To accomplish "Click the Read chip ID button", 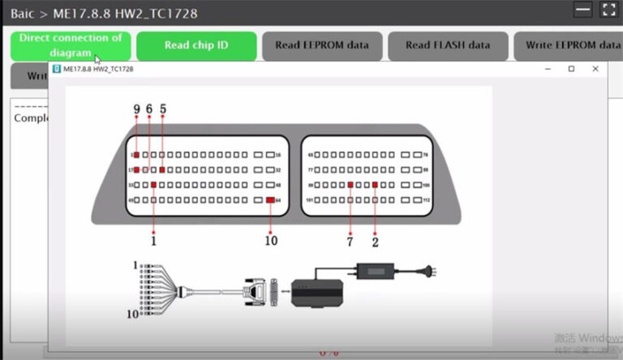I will pyautogui.click(x=196, y=45).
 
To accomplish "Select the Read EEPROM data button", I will pyautogui.click(x=321, y=45).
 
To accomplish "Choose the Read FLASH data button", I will pyautogui.click(x=448, y=45).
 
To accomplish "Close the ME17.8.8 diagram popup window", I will pyautogui.click(x=595, y=70).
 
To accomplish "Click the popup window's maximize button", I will pyautogui.click(x=571, y=70).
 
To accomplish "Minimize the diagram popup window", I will pyautogui.click(x=547, y=70).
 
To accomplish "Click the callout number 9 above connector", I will pyautogui.click(x=136, y=109).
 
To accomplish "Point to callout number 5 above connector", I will pyautogui.click(x=163, y=109).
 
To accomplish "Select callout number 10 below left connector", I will pyautogui.click(x=271, y=240).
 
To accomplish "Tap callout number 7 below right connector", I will pyautogui.click(x=350, y=240).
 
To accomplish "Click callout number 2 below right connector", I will pyautogui.click(x=376, y=240).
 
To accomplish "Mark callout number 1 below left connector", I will pyautogui.click(x=153, y=240).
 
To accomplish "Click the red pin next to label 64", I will pyautogui.click(x=269, y=199).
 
